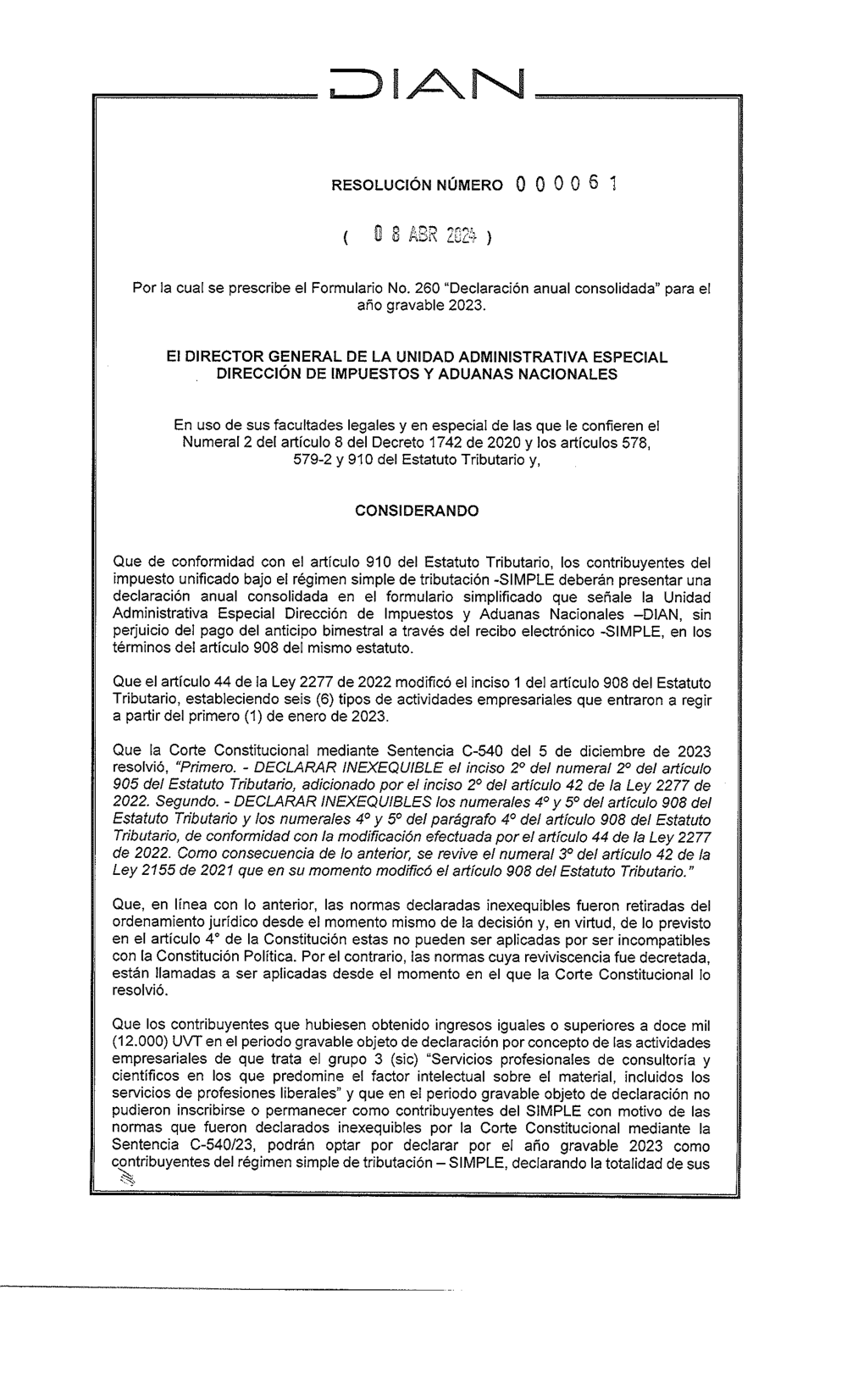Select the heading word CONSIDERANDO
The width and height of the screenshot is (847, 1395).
[416, 512]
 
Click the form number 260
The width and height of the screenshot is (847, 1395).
[412, 289]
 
